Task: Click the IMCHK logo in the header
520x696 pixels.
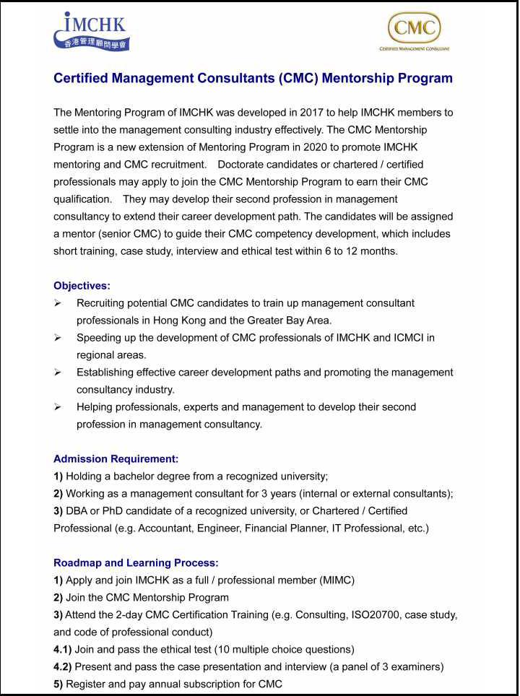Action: (x=91, y=31)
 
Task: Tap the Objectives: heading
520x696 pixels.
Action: (x=82, y=286)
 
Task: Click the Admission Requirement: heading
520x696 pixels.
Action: (x=116, y=458)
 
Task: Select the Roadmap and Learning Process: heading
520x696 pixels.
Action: (x=136, y=562)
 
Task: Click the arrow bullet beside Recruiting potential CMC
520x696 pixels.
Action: (x=58, y=303)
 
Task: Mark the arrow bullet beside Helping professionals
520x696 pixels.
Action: (x=58, y=407)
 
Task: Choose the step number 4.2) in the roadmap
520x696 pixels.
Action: (x=62, y=666)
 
